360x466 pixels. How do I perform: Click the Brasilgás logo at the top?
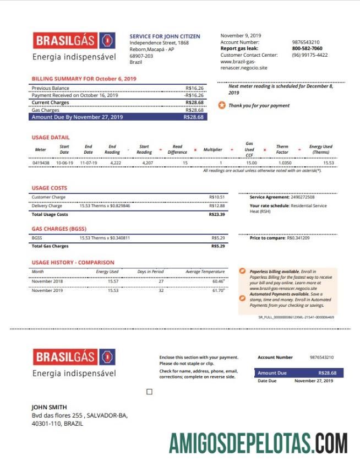click(74, 40)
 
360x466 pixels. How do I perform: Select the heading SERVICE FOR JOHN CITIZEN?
click(165, 36)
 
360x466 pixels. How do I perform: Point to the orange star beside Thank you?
click(222, 105)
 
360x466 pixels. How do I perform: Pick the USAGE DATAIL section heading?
click(51, 137)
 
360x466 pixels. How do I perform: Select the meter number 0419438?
click(41, 163)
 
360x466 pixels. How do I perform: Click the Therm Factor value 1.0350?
click(284, 163)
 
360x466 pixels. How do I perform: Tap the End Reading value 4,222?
click(116, 163)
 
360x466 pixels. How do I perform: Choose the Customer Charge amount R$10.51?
click(217, 197)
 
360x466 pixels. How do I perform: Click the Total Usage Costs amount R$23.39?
click(217, 214)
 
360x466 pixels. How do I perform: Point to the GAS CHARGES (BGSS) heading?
click(59, 229)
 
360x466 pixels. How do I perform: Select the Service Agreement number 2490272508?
click(302, 197)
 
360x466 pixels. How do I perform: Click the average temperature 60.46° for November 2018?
click(218, 281)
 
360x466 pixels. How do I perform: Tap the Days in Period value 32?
click(161, 290)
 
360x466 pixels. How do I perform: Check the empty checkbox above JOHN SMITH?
click(149, 392)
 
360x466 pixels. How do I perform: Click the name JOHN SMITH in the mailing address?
click(49, 408)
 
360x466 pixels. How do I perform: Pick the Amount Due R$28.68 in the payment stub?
click(327, 373)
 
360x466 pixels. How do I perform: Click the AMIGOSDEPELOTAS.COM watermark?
click(258, 443)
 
